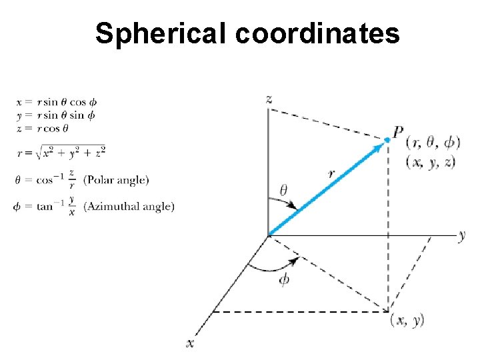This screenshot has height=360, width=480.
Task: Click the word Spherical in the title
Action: point(161,33)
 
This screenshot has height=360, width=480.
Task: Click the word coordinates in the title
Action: point(317,33)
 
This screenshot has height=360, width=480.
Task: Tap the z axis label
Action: point(268,99)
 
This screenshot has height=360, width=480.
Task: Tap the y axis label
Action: point(461,235)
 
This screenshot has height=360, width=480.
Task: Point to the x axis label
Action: point(190,343)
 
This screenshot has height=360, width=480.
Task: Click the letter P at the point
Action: point(398,133)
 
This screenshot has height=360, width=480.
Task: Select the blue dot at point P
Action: point(387,139)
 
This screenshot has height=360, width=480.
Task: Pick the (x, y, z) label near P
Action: point(431,161)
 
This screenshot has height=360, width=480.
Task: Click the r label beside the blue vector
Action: point(331,173)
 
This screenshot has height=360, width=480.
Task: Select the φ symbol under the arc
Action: point(285,280)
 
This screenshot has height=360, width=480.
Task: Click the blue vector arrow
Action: point(327,187)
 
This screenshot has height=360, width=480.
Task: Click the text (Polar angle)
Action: point(116,179)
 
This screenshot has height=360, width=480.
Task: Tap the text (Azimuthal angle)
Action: point(129,207)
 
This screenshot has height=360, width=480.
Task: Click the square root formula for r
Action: point(61,153)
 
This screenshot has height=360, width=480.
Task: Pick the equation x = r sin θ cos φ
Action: point(57,102)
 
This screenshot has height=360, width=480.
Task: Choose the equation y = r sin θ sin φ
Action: point(57,115)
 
